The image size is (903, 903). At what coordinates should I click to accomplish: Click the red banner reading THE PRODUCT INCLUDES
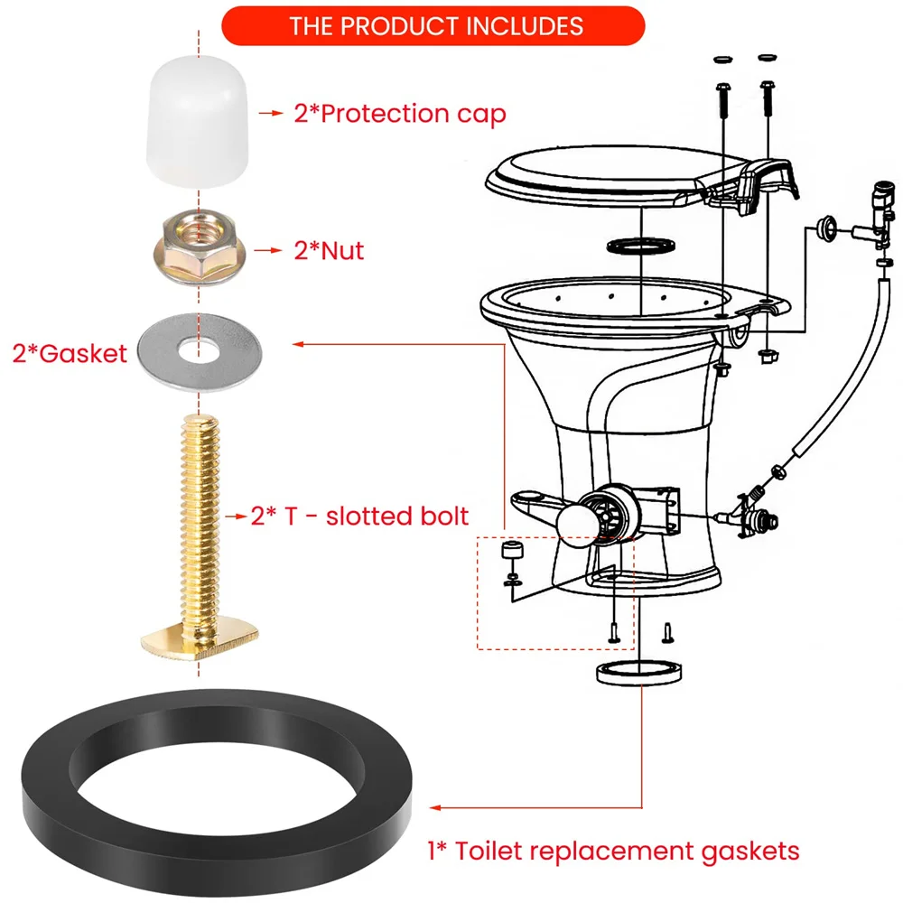pos(433,24)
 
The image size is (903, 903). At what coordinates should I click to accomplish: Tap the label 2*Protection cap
pos(399,114)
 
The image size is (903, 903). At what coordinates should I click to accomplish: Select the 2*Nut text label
pos(329,250)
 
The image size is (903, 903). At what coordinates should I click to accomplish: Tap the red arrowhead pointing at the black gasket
pos(436,807)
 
